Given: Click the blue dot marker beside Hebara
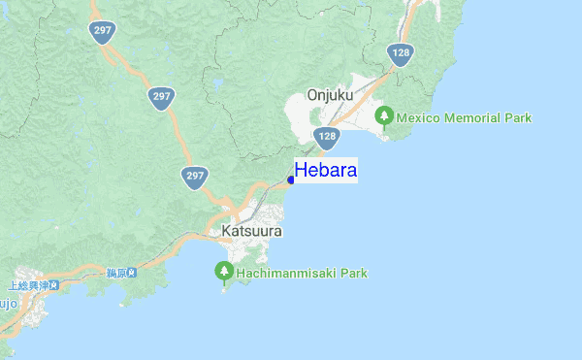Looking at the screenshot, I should (x=291, y=179).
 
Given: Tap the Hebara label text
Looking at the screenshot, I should (x=326, y=171).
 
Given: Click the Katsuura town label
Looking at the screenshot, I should (x=251, y=232).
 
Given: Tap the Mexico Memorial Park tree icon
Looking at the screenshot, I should (x=384, y=117).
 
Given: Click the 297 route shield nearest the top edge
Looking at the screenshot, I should (x=100, y=31).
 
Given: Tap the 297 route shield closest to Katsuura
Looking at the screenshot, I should (x=195, y=176).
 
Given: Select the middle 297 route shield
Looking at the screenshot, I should (x=162, y=96).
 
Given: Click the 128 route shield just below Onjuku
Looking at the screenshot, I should (x=327, y=137).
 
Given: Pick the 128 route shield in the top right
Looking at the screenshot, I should (x=400, y=53).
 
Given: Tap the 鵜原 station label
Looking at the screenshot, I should (x=116, y=272).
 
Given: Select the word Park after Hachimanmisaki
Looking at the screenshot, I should (x=351, y=274).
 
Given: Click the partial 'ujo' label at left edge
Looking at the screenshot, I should (x=9, y=303).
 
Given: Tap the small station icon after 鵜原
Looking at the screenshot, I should (x=131, y=272).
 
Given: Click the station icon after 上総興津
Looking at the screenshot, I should (x=53, y=285).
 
